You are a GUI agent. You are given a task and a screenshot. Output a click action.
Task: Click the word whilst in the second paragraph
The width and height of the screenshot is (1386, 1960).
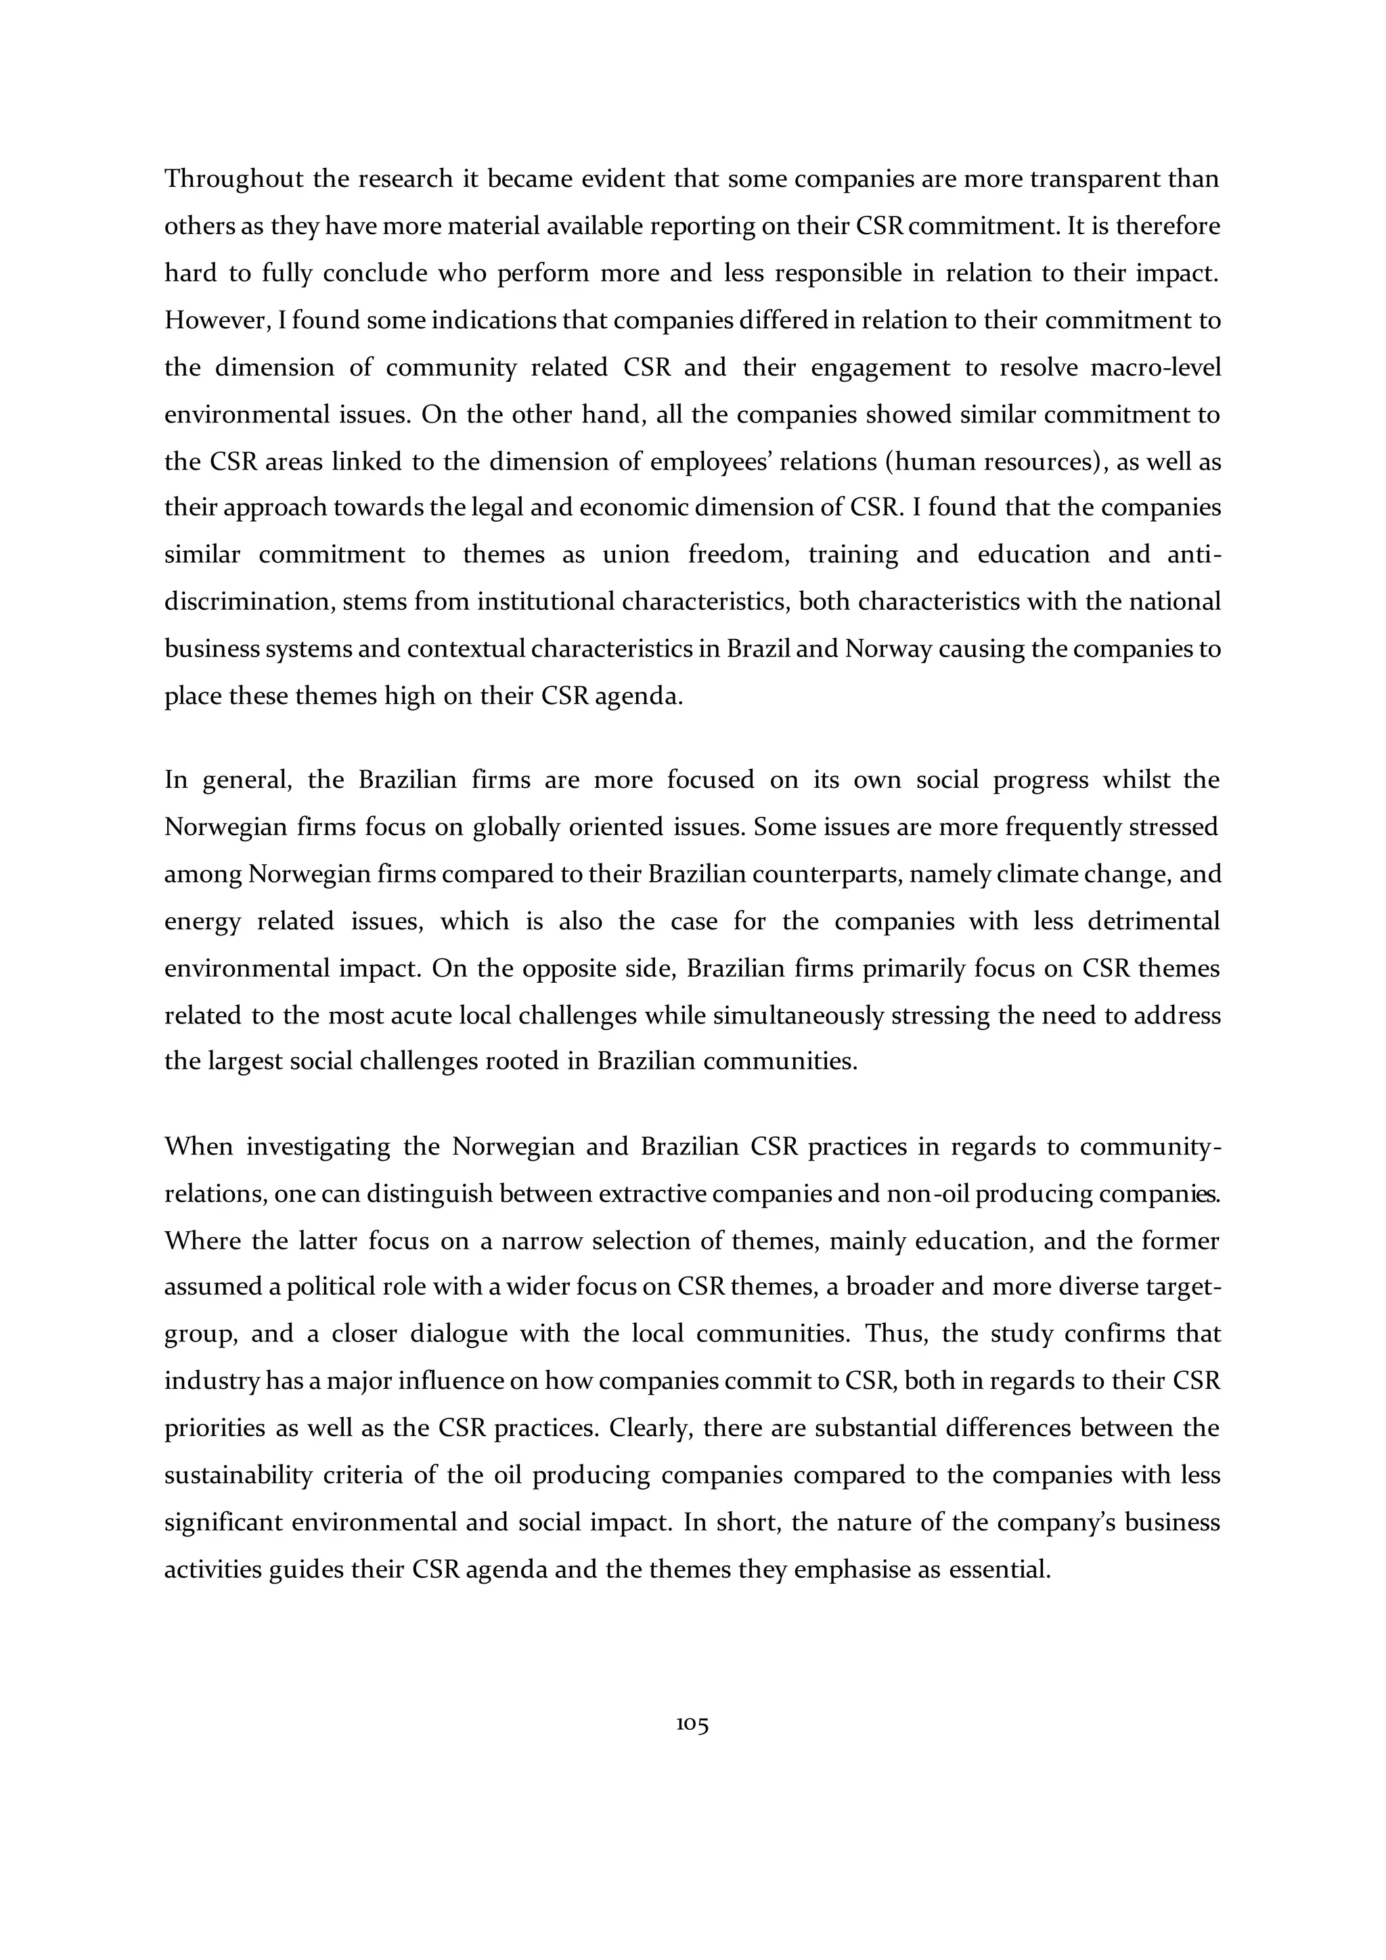coord(1135,780)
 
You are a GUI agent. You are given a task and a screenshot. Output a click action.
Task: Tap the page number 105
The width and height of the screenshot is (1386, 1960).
coord(692,1724)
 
